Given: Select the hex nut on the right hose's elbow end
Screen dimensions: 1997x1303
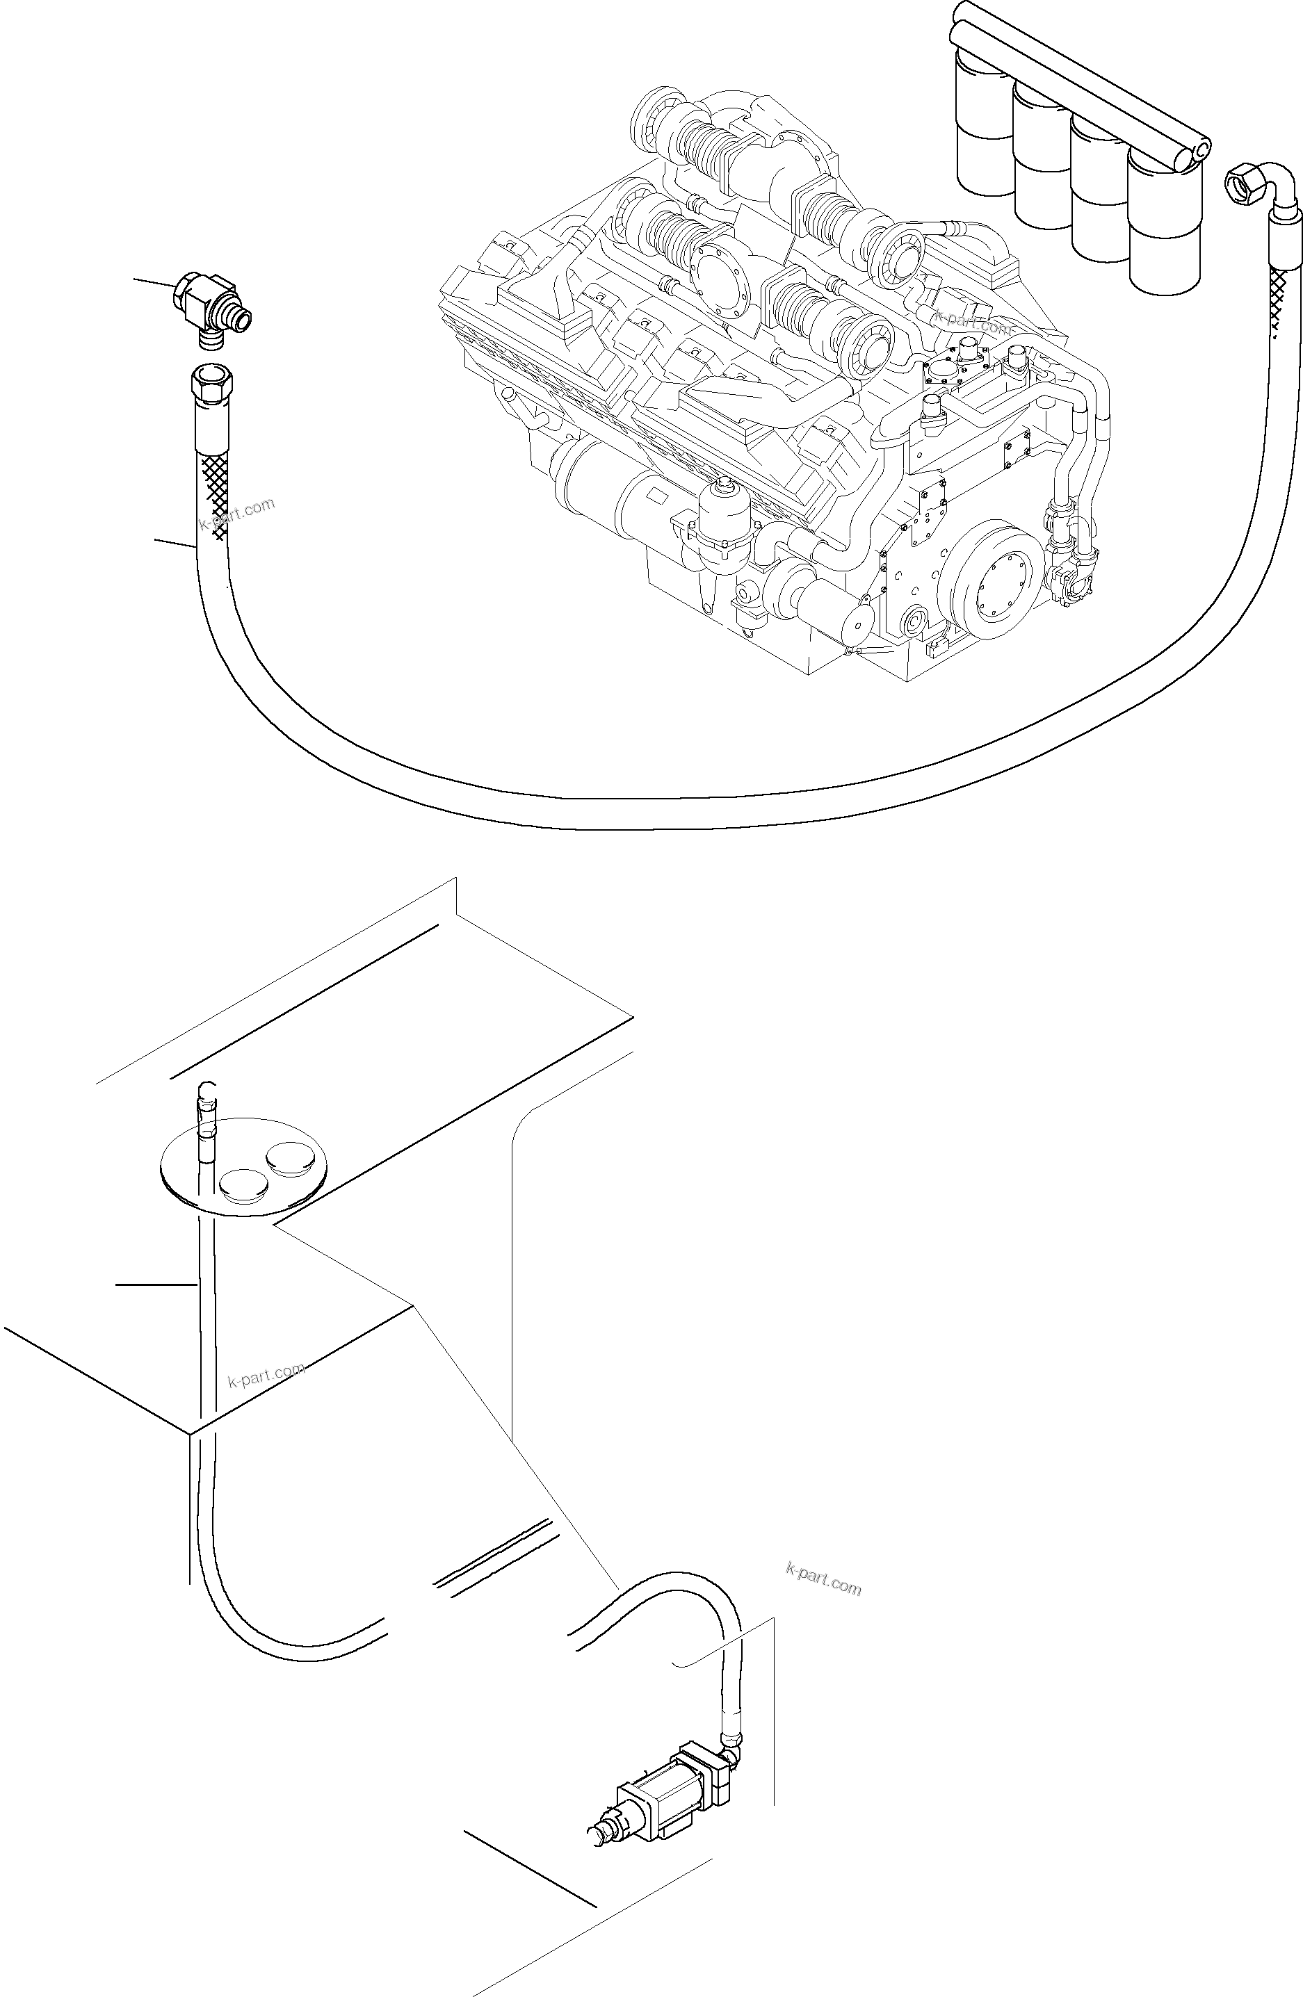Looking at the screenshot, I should tap(1240, 182).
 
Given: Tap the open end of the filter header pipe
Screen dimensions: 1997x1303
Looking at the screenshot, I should tap(1201, 151).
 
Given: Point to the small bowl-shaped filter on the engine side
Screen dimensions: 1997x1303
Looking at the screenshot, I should tap(720, 520).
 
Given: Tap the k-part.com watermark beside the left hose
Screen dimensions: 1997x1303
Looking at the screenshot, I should tap(237, 514).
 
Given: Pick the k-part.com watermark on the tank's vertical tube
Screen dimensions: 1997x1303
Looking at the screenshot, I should tap(266, 1376).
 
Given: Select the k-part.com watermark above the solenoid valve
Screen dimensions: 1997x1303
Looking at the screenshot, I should tap(823, 1581).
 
